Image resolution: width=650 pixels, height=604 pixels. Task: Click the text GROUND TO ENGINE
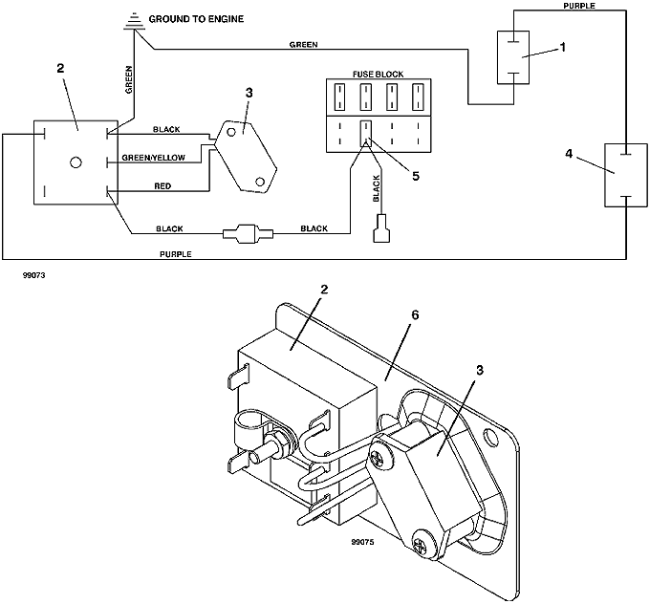(x=196, y=19)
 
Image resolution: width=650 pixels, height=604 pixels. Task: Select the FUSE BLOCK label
(x=379, y=75)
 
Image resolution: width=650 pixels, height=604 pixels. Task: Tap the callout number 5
(x=416, y=176)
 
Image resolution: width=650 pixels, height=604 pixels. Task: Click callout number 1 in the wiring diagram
(x=562, y=48)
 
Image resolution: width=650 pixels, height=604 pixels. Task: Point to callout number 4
(x=569, y=154)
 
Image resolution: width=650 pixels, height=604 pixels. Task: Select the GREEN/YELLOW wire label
(x=153, y=158)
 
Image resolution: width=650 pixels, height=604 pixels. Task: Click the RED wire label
(x=162, y=186)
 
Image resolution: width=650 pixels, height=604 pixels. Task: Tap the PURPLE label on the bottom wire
(x=176, y=254)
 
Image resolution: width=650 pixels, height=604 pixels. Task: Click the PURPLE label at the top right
(x=579, y=6)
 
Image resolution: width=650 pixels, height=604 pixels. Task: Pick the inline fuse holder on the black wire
(x=249, y=233)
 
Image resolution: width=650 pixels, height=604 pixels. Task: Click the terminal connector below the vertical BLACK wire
(x=381, y=228)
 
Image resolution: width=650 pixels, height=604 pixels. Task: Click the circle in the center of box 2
(x=76, y=162)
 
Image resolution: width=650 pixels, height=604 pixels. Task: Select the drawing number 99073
(x=34, y=275)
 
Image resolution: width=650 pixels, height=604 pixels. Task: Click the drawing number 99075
(x=362, y=542)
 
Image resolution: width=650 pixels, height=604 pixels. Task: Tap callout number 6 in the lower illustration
(x=415, y=315)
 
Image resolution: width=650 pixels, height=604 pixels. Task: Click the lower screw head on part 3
(x=423, y=544)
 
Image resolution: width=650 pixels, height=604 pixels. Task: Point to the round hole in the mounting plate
(x=490, y=437)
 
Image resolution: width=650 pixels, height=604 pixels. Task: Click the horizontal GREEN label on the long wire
(x=303, y=44)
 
